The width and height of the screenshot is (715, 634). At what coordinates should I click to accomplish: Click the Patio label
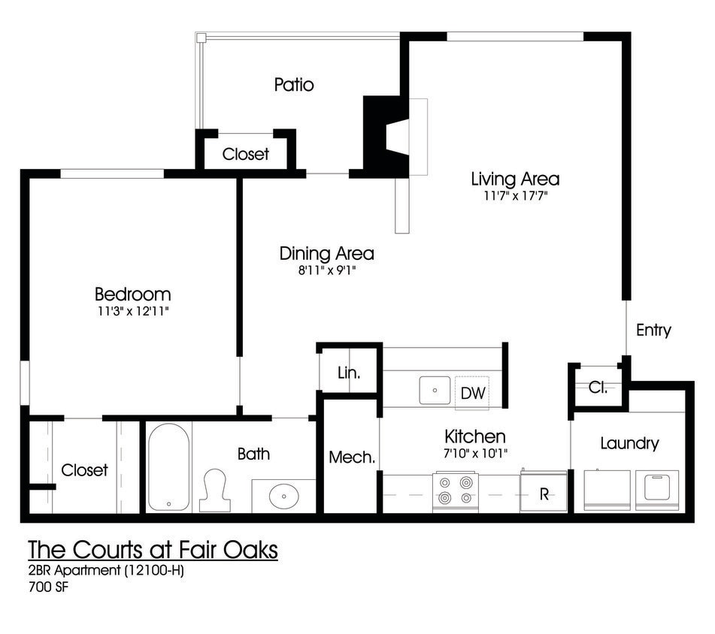pyautogui.click(x=294, y=85)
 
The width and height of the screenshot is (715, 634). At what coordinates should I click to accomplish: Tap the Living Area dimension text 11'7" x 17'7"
pyautogui.click(x=515, y=197)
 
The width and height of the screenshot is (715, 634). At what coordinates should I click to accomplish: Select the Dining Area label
pyautogui.click(x=326, y=253)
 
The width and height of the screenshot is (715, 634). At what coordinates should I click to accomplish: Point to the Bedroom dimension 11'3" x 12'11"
pyautogui.click(x=132, y=311)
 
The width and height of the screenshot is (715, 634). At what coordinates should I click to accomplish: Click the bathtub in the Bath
pyautogui.click(x=168, y=466)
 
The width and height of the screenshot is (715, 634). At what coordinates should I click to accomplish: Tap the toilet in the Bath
pyautogui.click(x=215, y=490)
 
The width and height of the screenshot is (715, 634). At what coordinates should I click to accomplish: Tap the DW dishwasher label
pyautogui.click(x=472, y=393)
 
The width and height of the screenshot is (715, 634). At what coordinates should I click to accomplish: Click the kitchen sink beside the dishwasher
pyautogui.click(x=435, y=391)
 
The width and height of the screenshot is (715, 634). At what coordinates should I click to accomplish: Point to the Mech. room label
pyautogui.click(x=351, y=457)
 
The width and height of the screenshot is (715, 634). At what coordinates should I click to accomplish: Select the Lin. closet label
pyautogui.click(x=348, y=373)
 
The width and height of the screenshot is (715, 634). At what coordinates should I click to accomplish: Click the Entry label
pyautogui.click(x=653, y=331)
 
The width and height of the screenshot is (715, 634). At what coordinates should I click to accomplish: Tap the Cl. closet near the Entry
pyautogui.click(x=598, y=388)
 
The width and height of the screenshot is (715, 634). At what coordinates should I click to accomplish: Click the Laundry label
pyautogui.click(x=629, y=443)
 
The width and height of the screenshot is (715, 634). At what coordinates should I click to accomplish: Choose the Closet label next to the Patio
pyautogui.click(x=246, y=154)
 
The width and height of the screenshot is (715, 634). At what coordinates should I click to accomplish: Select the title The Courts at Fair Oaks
pyautogui.click(x=153, y=550)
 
